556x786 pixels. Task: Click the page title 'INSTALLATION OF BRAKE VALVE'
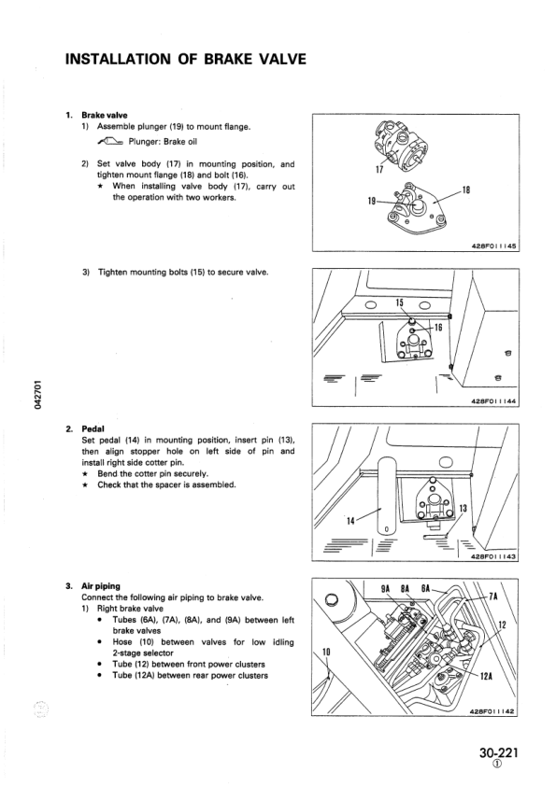[x=185, y=60]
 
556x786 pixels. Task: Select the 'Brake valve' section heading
[x=103, y=115]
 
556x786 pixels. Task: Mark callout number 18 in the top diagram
[x=467, y=191]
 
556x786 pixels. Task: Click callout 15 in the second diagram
[x=399, y=302]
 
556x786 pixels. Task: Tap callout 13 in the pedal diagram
[x=463, y=508]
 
